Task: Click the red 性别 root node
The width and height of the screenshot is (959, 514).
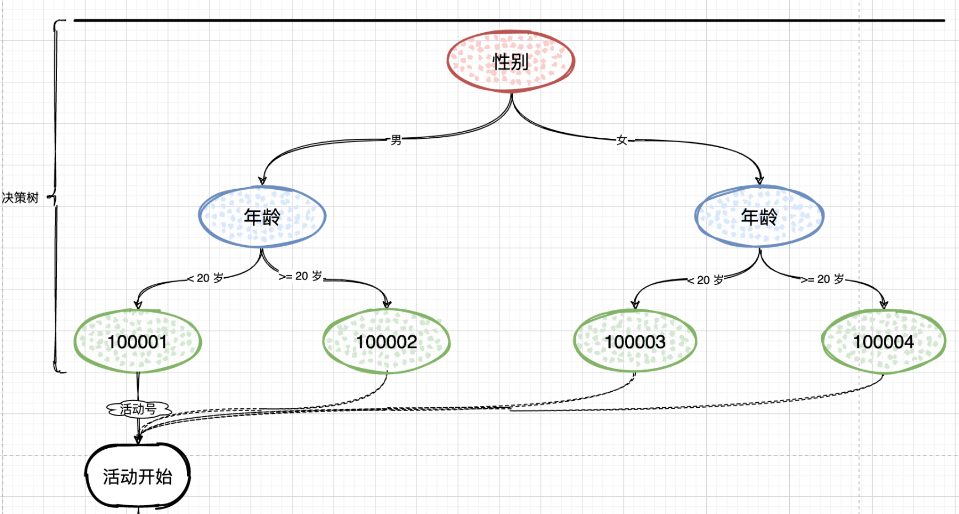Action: (x=510, y=61)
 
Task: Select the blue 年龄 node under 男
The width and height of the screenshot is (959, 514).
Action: (x=262, y=217)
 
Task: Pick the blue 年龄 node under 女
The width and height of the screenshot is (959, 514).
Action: (x=759, y=217)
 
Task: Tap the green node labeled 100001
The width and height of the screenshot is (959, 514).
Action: (x=138, y=341)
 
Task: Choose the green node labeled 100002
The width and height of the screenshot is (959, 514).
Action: (x=387, y=341)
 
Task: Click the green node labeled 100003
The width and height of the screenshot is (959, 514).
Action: (x=635, y=341)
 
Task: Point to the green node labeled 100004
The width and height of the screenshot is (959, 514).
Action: (x=883, y=341)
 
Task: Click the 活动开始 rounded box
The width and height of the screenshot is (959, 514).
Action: (x=138, y=476)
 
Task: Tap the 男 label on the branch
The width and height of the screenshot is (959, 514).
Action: (x=396, y=140)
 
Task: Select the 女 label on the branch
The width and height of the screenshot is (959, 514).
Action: (x=622, y=140)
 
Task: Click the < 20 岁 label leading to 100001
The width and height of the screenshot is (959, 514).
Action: (x=206, y=278)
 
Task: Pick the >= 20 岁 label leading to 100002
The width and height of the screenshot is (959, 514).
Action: (x=301, y=276)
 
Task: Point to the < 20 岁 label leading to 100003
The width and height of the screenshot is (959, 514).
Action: (x=706, y=280)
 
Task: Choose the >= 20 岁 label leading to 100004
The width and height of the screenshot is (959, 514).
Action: (x=823, y=279)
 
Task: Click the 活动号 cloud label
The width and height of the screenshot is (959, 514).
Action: (x=138, y=409)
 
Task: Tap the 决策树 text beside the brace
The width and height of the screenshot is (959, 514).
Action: (x=20, y=198)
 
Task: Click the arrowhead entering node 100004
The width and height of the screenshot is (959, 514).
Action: (x=884, y=304)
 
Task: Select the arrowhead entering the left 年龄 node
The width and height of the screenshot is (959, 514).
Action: (x=262, y=180)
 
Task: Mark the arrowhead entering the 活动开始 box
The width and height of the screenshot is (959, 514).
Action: (x=138, y=440)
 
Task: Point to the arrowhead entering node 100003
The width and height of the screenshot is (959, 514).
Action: (x=635, y=304)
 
